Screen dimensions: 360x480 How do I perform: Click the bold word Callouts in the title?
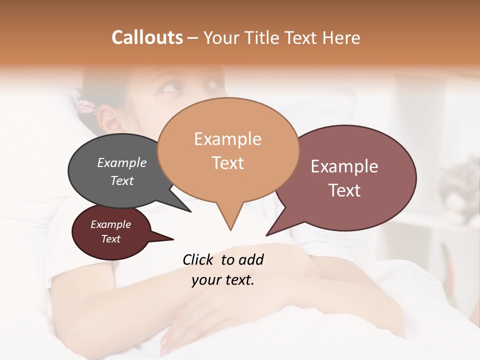[x=147, y=37]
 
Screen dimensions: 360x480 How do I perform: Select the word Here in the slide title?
[x=340, y=37]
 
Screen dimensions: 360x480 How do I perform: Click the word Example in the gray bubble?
[x=122, y=162]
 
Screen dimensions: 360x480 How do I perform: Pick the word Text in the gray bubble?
[x=122, y=180]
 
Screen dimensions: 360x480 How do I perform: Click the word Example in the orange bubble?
[x=227, y=139]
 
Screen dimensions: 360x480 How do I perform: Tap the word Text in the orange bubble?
[x=227, y=163]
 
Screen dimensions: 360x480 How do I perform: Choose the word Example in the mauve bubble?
[x=344, y=166]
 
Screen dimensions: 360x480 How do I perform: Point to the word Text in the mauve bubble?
[x=344, y=190]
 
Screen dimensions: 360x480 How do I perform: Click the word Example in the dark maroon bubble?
[x=110, y=224]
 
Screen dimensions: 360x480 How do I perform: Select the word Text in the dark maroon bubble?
[x=110, y=239]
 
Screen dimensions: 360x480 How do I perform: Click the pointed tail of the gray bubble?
[x=190, y=211]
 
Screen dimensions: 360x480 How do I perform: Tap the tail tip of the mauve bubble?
[x=267, y=234]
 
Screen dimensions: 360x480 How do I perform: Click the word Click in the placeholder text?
[x=199, y=259]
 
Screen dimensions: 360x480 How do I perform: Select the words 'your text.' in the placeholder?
[x=223, y=280]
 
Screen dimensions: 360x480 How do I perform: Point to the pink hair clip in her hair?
[x=86, y=106]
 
